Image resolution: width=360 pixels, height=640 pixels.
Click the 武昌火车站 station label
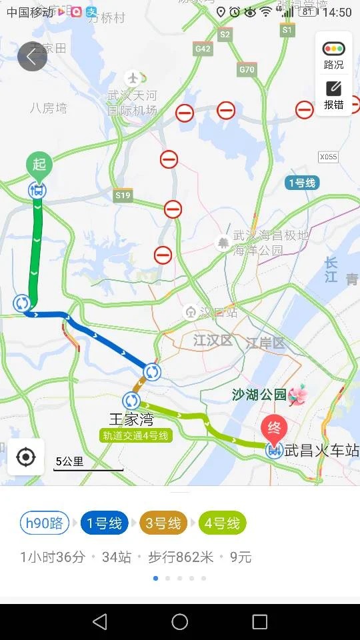pyautogui.click(x=321, y=451)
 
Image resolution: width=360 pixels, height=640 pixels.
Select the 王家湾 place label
pyautogui.click(x=131, y=419)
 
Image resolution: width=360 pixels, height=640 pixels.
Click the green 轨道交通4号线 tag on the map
pyautogui.click(x=136, y=435)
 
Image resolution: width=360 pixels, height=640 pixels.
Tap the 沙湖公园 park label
pyautogui.click(x=259, y=395)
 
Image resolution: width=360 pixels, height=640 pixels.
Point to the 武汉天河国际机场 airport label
pyautogui.click(x=133, y=103)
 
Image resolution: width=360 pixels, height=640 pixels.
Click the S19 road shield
pyautogui.click(x=123, y=195)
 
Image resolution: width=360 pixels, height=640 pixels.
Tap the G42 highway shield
pyautogui.click(x=203, y=49)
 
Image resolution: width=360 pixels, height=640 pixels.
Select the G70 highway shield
pyautogui.click(x=246, y=69)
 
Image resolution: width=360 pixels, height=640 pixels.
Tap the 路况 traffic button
pyautogui.click(x=333, y=55)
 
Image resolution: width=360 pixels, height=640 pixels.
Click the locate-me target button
pyautogui.click(x=26, y=457)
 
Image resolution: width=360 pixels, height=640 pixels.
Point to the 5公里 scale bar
pyautogui.click(x=88, y=464)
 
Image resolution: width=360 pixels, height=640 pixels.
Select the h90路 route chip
pyautogui.click(x=45, y=523)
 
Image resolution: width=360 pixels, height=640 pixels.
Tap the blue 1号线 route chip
pyautogui.click(x=105, y=523)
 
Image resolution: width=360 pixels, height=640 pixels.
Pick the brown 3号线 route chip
pyautogui.click(x=163, y=523)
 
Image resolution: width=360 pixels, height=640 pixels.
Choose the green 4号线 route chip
pyautogui.click(x=222, y=523)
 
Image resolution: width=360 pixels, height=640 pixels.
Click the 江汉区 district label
pyautogui.click(x=213, y=341)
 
